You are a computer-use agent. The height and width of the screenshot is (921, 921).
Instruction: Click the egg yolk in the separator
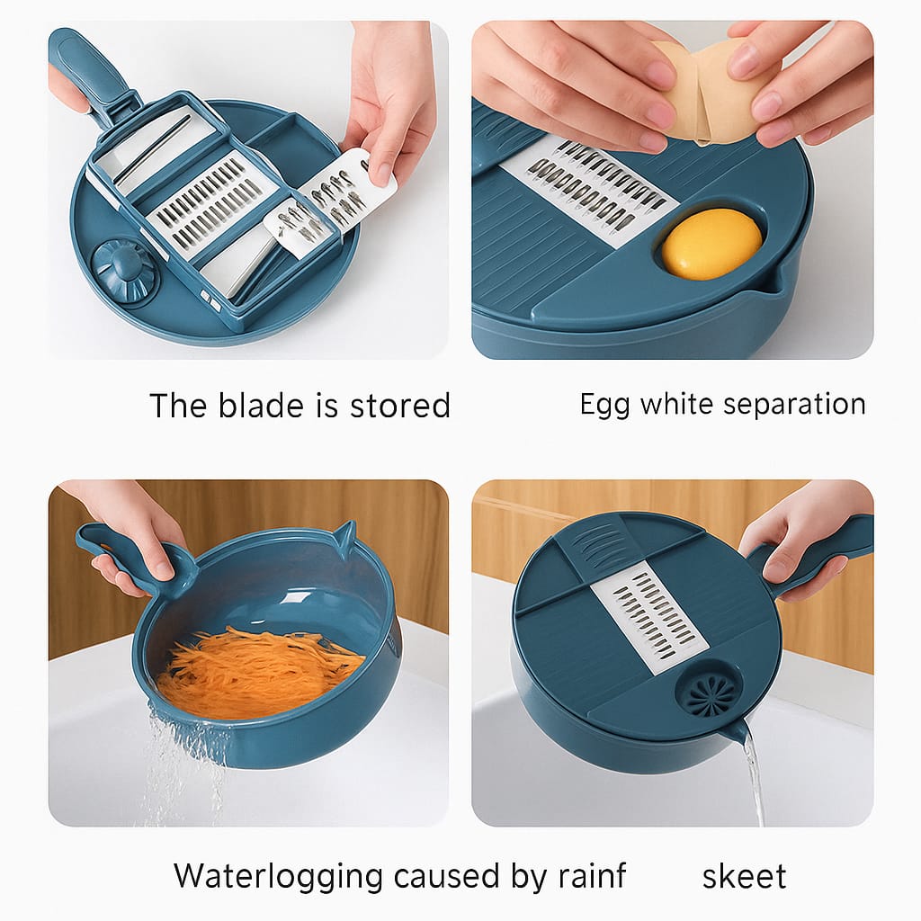(712, 243)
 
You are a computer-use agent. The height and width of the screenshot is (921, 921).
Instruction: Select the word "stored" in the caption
(400, 406)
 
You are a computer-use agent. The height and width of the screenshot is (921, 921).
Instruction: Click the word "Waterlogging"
(279, 877)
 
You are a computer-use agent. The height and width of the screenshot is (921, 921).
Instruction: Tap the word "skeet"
(744, 876)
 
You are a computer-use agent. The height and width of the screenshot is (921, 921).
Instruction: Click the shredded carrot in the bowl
(258, 673)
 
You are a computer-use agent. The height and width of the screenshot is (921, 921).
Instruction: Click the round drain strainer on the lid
(708, 689)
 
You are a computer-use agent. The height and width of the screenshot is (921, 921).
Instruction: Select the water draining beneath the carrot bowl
(185, 764)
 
